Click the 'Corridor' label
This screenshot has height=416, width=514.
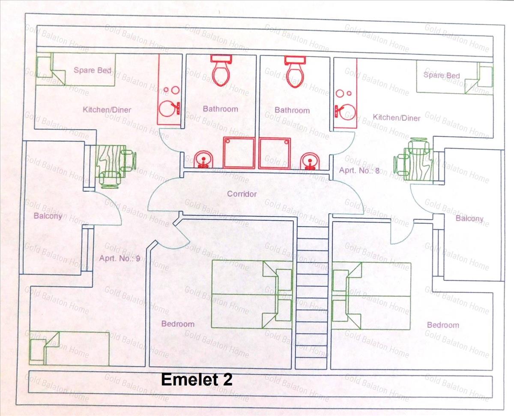(242, 194)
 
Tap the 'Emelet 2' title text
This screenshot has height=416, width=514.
(197, 380)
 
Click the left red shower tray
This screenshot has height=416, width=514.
(239, 153)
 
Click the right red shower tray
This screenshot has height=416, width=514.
(275, 153)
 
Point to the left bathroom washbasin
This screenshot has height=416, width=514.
(202, 160)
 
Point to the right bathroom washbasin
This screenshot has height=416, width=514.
(309, 160)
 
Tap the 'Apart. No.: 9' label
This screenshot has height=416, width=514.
(120, 258)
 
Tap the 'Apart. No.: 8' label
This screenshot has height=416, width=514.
(359, 170)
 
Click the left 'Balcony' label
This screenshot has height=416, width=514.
(48, 216)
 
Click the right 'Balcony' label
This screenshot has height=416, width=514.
(469, 218)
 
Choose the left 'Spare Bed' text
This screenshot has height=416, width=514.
(93, 70)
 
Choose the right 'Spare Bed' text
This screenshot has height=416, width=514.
(442, 75)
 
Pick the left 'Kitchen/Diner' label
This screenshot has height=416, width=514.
(107, 110)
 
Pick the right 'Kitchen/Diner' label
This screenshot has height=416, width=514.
(397, 117)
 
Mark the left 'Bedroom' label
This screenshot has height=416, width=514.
(178, 324)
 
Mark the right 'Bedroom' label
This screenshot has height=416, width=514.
(443, 325)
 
